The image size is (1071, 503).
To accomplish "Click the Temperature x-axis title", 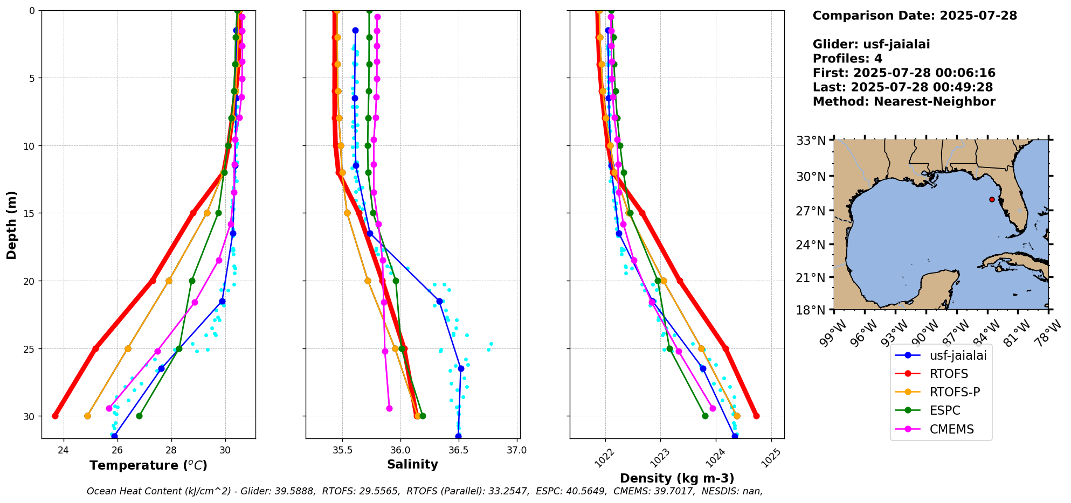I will click(x=148, y=465).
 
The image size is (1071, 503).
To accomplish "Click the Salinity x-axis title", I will click(x=412, y=464).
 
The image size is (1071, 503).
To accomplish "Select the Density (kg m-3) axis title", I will click(x=677, y=478).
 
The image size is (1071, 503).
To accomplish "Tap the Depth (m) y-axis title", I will click(x=12, y=225).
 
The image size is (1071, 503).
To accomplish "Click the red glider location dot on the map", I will click(x=992, y=199).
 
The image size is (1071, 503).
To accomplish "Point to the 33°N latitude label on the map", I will click(x=811, y=141).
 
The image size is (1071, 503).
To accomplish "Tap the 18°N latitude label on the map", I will click(x=811, y=310).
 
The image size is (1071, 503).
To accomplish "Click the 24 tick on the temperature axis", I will click(x=64, y=450).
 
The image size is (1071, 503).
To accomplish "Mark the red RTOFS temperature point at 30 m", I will click(x=55, y=416).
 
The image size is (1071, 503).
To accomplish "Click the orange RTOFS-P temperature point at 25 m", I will click(x=128, y=348).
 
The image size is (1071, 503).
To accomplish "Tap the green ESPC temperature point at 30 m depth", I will click(x=139, y=416).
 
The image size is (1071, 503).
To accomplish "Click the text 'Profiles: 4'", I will click(x=847, y=59).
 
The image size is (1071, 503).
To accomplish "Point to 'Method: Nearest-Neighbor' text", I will click(x=904, y=102).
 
